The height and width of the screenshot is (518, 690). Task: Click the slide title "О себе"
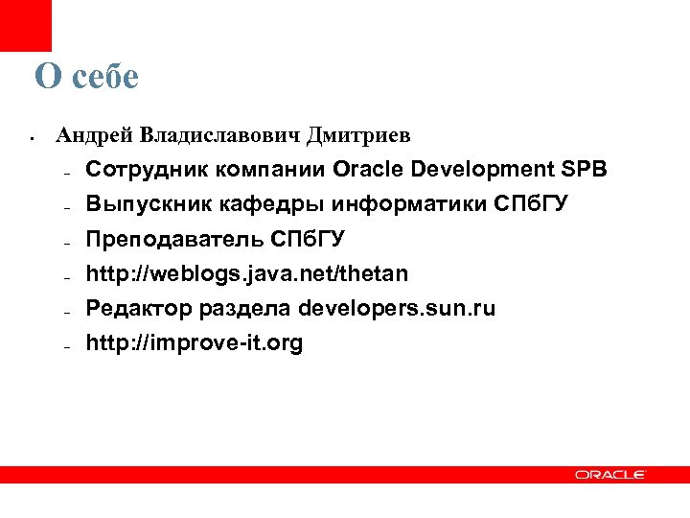click(x=86, y=76)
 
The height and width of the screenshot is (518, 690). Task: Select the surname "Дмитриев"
click(x=359, y=135)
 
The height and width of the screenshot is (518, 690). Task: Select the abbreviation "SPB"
click(x=584, y=171)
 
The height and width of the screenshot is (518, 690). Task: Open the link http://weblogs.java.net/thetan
click(x=246, y=274)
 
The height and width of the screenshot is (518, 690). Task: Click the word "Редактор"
click(x=138, y=309)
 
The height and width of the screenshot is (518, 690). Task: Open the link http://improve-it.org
click(x=195, y=343)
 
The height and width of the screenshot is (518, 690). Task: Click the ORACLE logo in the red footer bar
click(x=610, y=474)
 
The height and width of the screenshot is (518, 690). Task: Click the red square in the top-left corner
click(x=25, y=25)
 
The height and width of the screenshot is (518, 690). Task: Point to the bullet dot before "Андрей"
click(x=33, y=138)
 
